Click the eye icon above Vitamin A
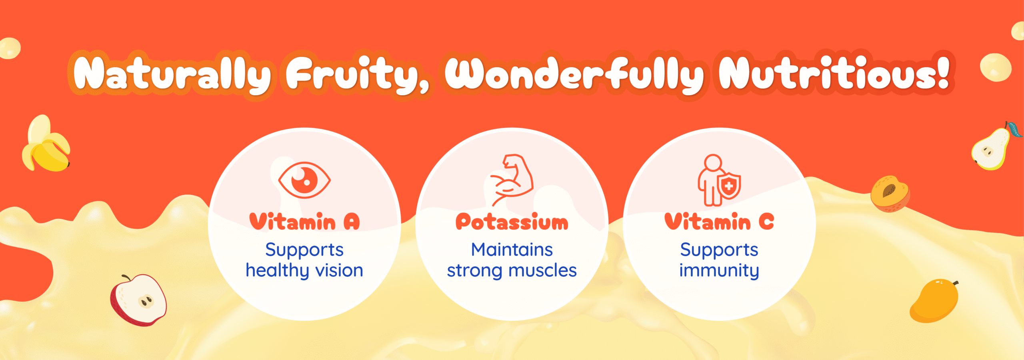304,180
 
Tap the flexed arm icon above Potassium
512,180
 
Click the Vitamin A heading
304,222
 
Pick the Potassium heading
512,222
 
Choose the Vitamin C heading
719,222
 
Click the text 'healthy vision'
304,271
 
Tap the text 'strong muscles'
512,271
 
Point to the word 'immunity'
719,271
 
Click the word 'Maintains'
512,250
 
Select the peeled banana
45,144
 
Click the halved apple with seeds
138,300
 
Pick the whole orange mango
934,301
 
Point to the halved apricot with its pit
890,193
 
